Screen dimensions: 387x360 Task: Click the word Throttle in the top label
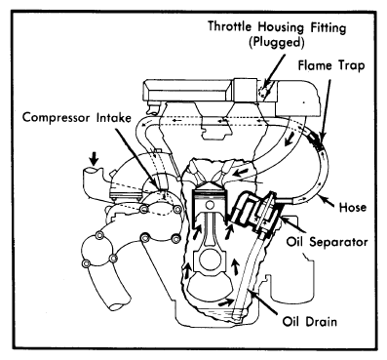point(229,26)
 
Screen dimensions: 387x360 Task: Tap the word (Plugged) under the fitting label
point(277,43)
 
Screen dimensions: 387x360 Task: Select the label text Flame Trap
point(331,66)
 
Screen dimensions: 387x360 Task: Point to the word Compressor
point(56,117)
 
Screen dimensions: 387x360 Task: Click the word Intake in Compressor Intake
point(113,117)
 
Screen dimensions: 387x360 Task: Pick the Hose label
point(352,207)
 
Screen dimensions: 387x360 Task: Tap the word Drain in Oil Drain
point(322,322)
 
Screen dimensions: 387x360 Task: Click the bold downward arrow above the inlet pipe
point(95,158)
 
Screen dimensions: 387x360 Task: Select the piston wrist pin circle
point(211,205)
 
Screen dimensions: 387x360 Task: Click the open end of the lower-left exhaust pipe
point(119,304)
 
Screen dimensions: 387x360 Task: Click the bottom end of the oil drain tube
point(238,317)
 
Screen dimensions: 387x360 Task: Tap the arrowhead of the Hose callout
point(320,196)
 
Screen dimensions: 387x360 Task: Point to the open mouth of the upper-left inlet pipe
point(91,171)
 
